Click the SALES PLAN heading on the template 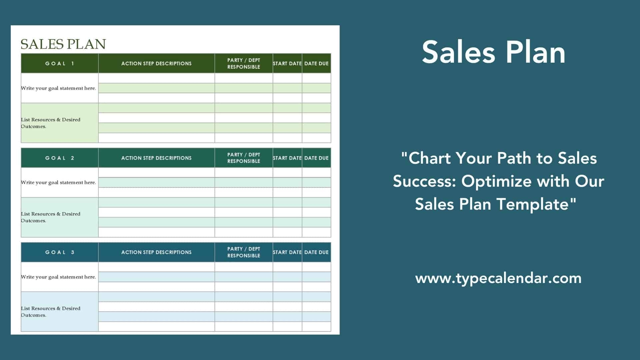[x=63, y=44]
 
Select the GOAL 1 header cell [x=60, y=63]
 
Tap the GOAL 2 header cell [x=60, y=158]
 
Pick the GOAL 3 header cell [x=60, y=252]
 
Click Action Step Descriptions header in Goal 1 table [x=156, y=63]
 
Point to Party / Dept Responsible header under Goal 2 [x=244, y=158]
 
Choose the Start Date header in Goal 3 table [x=287, y=252]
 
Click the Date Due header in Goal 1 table [x=316, y=63]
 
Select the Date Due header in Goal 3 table [x=316, y=252]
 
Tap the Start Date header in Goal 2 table [x=287, y=158]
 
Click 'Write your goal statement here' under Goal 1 [x=58, y=88]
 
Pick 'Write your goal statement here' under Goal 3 [x=58, y=277]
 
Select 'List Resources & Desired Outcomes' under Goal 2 [x=51, y=217]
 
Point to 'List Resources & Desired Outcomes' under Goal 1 [x=51, y=123]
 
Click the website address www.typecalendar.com [x=498, y=278]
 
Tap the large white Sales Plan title [x=494, y=52]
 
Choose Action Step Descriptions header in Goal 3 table [x=156, y=252]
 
